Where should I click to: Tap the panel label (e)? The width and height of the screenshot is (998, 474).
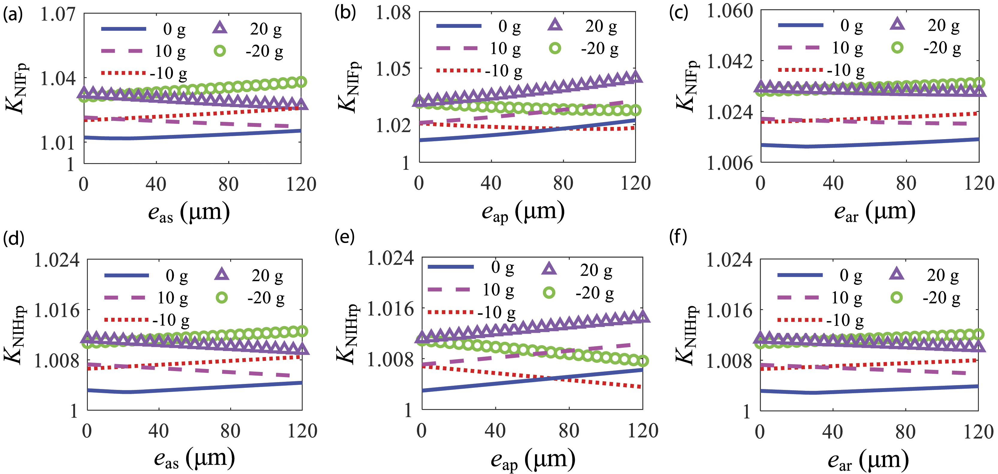[344, 237]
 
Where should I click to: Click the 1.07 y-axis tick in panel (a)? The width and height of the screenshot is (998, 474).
[58, 14]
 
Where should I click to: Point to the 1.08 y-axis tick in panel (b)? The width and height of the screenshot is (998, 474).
[393, 13]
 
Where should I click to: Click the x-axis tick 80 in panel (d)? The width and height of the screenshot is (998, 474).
[230, 431]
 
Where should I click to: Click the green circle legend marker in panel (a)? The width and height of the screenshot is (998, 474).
[220, 51]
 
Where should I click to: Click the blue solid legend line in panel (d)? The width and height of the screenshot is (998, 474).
[127, 275]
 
